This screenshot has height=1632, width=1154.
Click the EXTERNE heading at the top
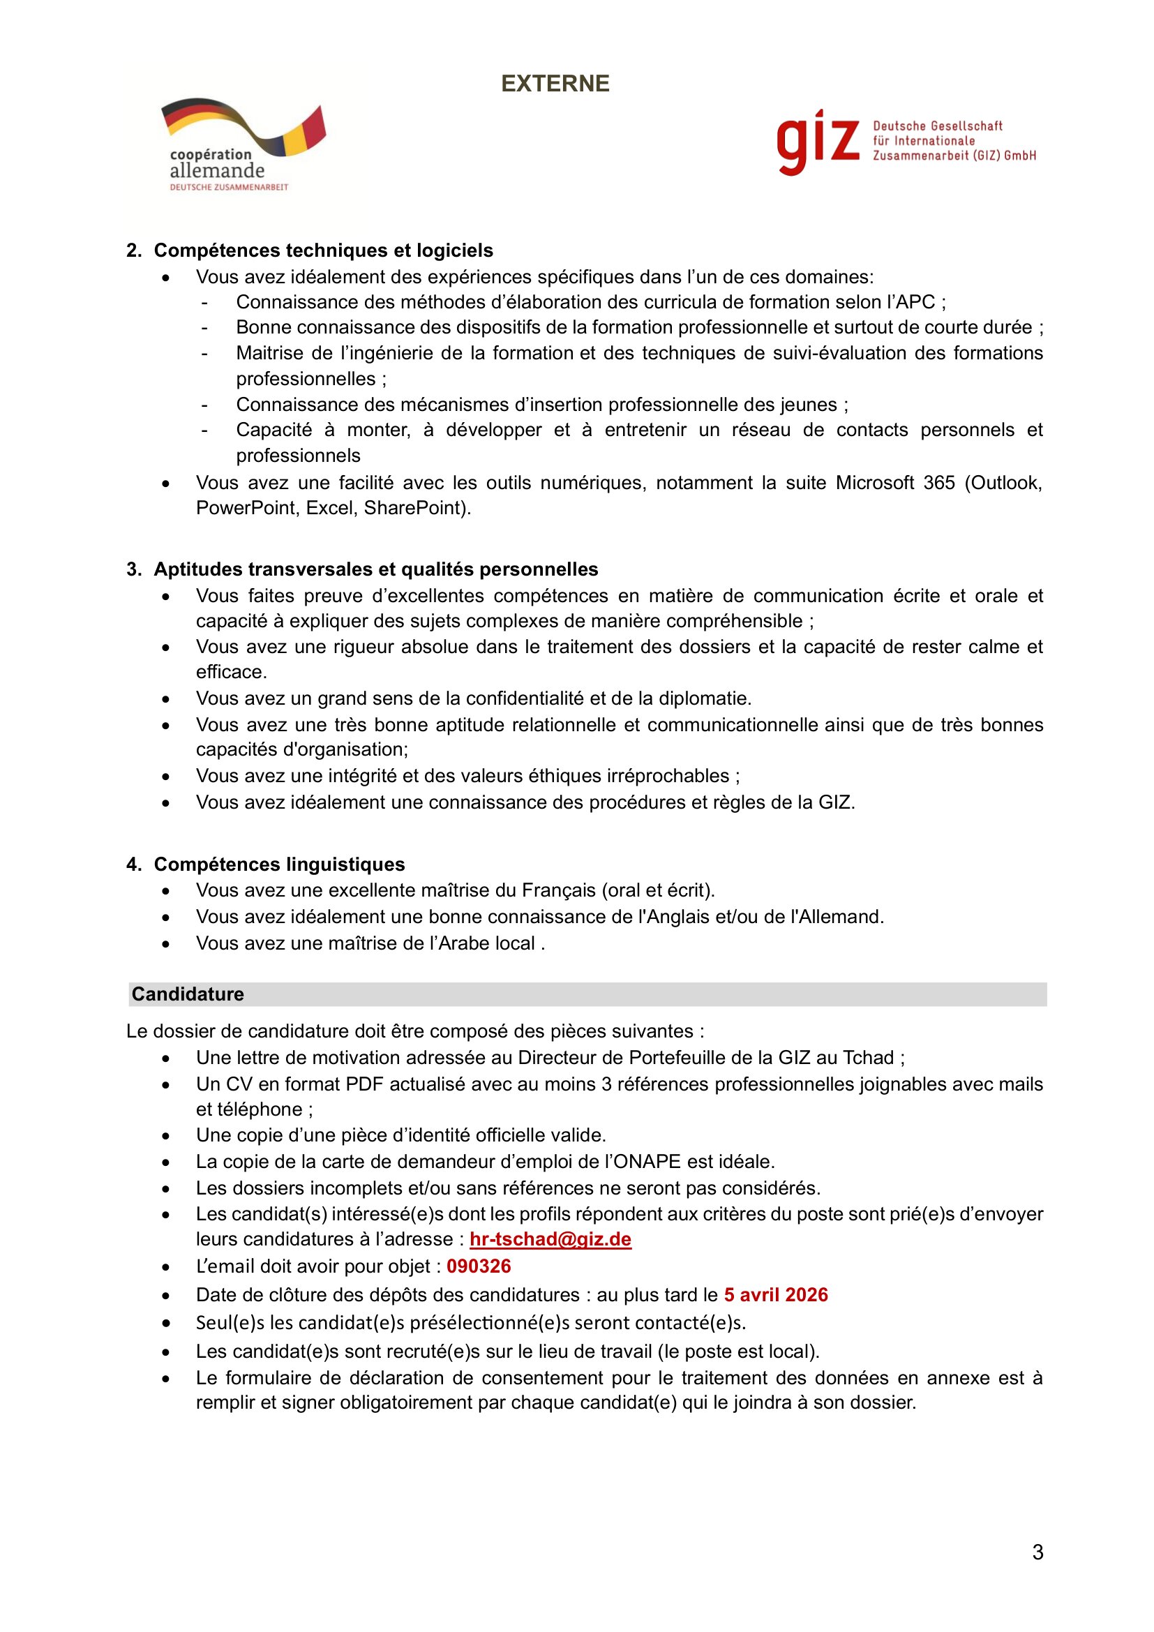555,84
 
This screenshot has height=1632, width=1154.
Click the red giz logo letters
817,142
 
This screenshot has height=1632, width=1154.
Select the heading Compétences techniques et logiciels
323,250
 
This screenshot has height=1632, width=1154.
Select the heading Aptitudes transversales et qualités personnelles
376,569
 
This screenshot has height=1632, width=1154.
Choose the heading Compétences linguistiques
279,864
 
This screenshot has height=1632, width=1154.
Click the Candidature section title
188,994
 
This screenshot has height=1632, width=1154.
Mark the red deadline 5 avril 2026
775,1294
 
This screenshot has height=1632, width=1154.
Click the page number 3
1037,1552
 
